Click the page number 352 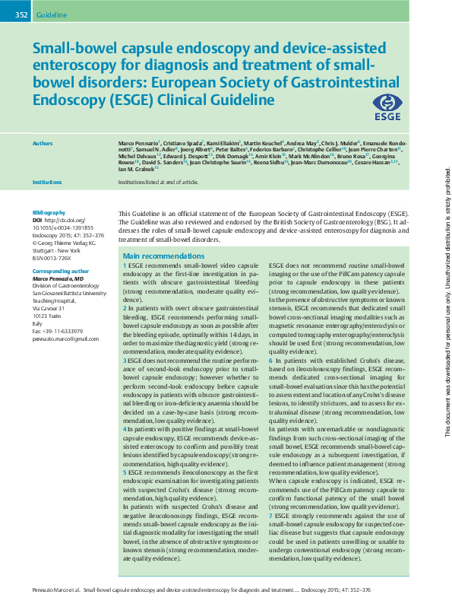pos(21,14)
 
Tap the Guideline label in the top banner pos(52,14)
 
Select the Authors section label pos(43,142)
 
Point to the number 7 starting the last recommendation pos(271,515)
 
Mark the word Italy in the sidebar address pos(36,321)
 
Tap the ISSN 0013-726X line pos(54,256)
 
